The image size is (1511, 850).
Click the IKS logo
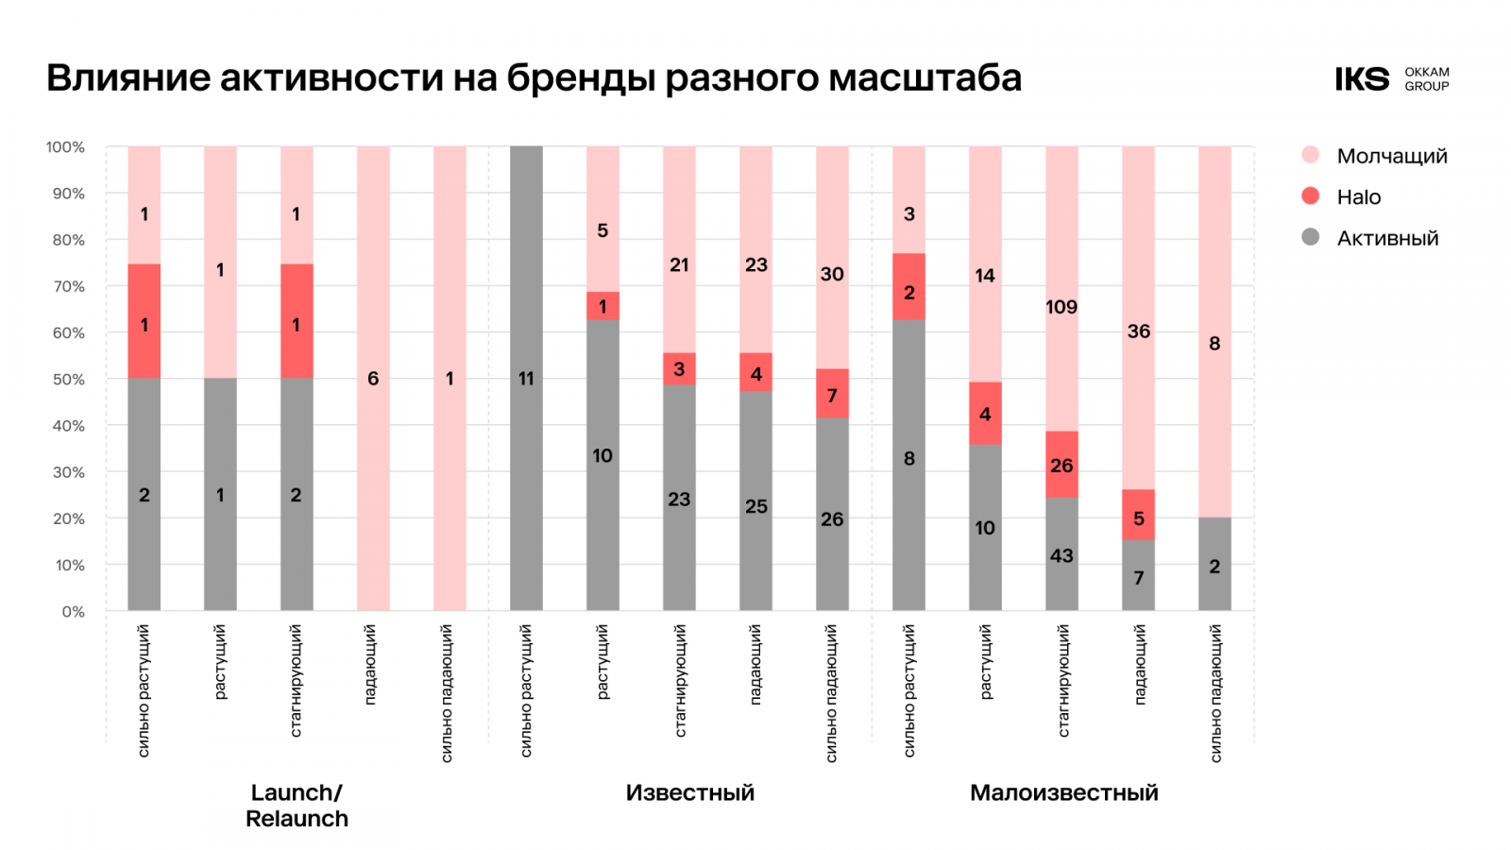[1362, 79]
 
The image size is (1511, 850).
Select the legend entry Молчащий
[1391, 156]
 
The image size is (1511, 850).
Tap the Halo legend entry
[1358, 196]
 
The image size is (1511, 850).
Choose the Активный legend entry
[1386, 238]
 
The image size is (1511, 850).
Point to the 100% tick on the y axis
[65, 147]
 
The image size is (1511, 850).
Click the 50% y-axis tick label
[68, 380]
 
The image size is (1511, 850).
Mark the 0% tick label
[73, 612]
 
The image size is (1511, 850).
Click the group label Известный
[689, 792]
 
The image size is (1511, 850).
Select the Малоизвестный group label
[1063, 792]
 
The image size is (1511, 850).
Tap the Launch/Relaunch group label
[297, 805]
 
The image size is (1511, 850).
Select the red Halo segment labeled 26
[1061, 465]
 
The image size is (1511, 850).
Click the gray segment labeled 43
[1061, 554]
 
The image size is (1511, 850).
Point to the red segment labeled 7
[832, 394]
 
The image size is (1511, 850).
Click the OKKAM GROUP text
[1426, 79]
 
